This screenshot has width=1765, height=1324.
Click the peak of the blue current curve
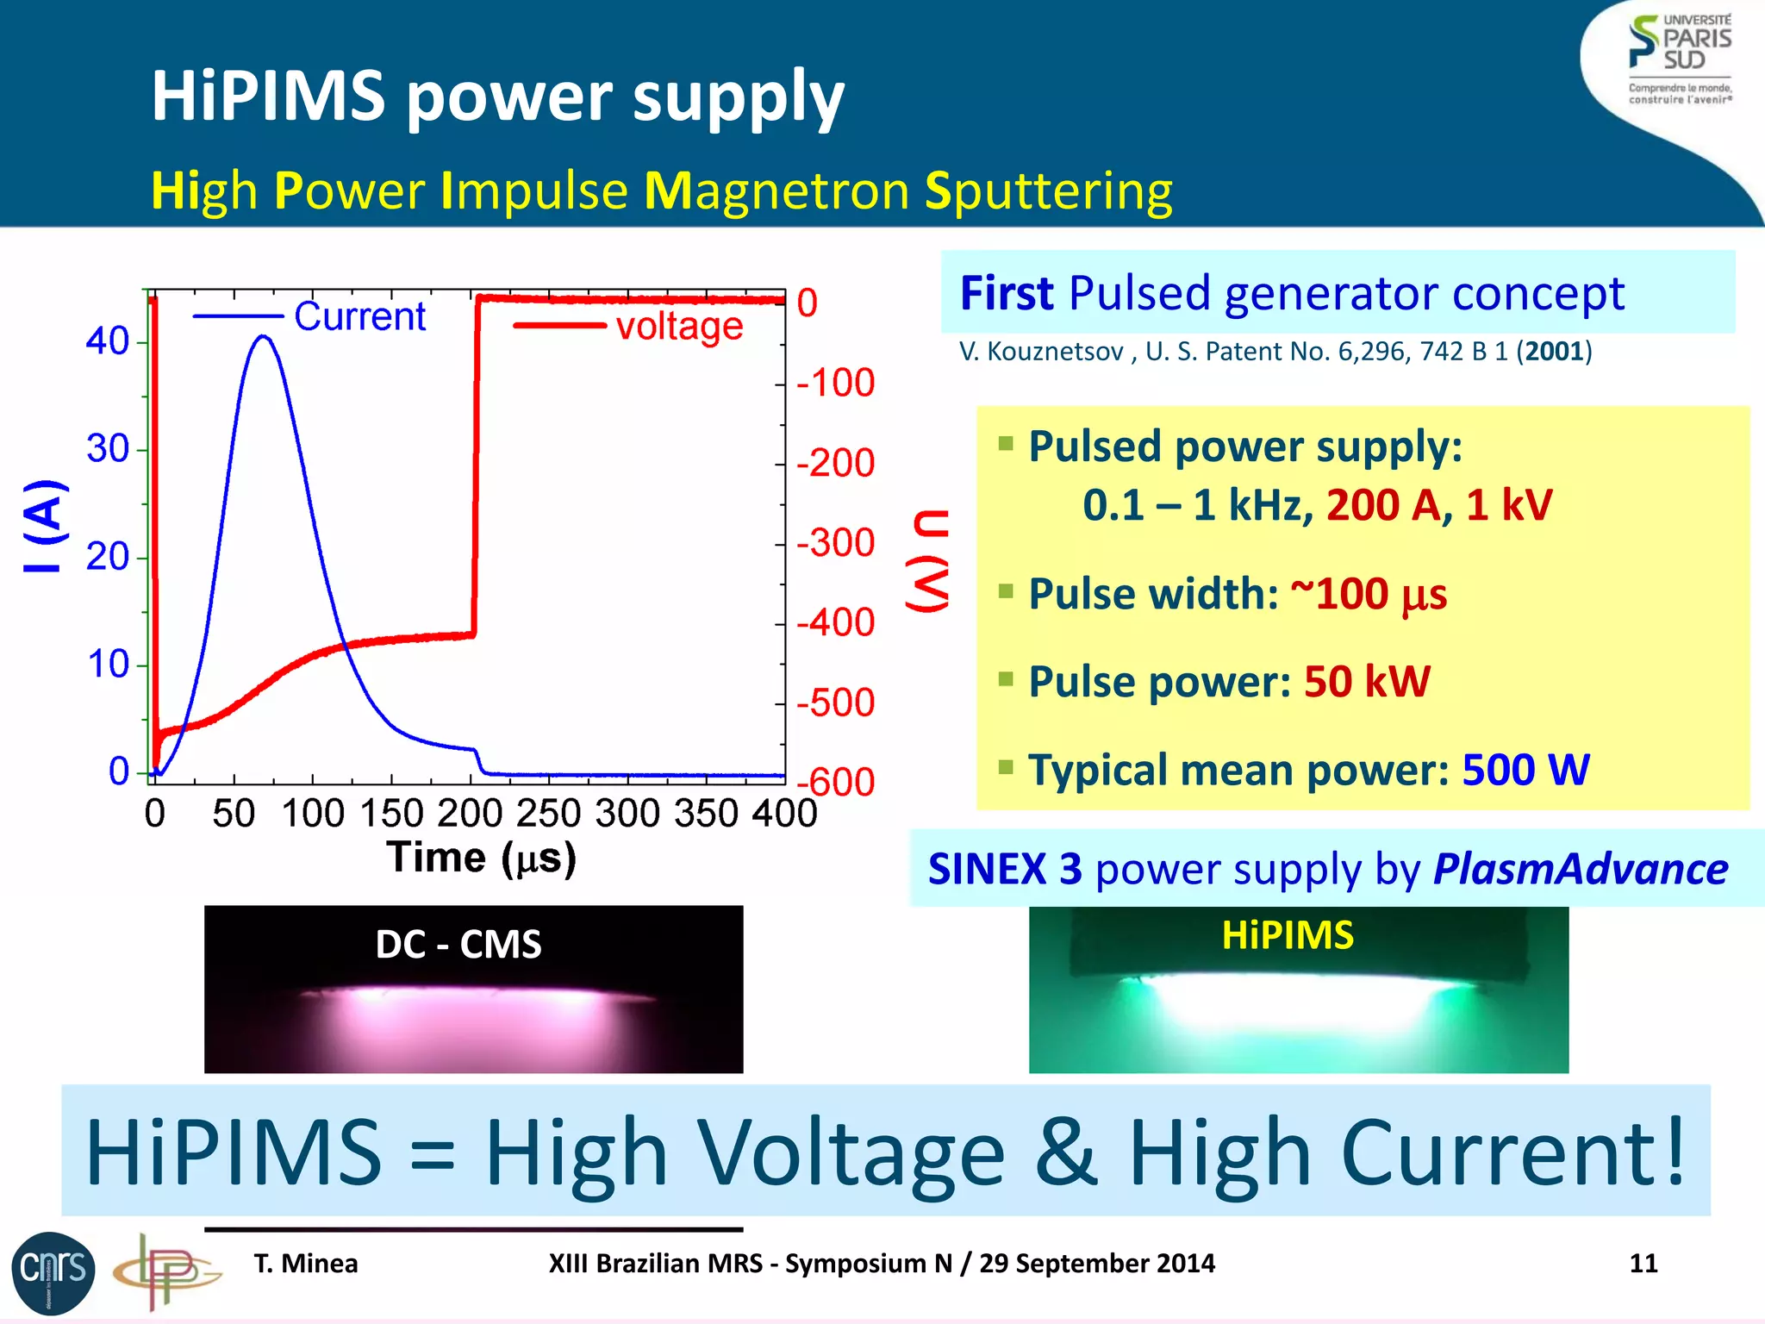264,337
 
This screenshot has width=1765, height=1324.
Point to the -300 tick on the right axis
835,543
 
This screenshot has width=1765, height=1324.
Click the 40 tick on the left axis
108,341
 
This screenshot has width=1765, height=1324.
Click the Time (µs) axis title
481,858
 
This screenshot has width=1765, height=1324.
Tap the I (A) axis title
43,526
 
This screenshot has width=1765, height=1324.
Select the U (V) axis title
929,560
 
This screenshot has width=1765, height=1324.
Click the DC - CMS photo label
458,944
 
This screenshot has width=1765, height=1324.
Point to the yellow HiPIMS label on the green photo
1288,935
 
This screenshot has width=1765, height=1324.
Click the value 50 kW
1367,682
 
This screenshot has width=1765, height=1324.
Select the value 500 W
1525,770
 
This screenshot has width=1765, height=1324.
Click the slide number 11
1643,1264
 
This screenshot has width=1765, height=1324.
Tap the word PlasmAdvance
1581,869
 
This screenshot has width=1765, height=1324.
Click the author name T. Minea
306,1264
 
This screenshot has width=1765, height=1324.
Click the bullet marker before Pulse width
1005,591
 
